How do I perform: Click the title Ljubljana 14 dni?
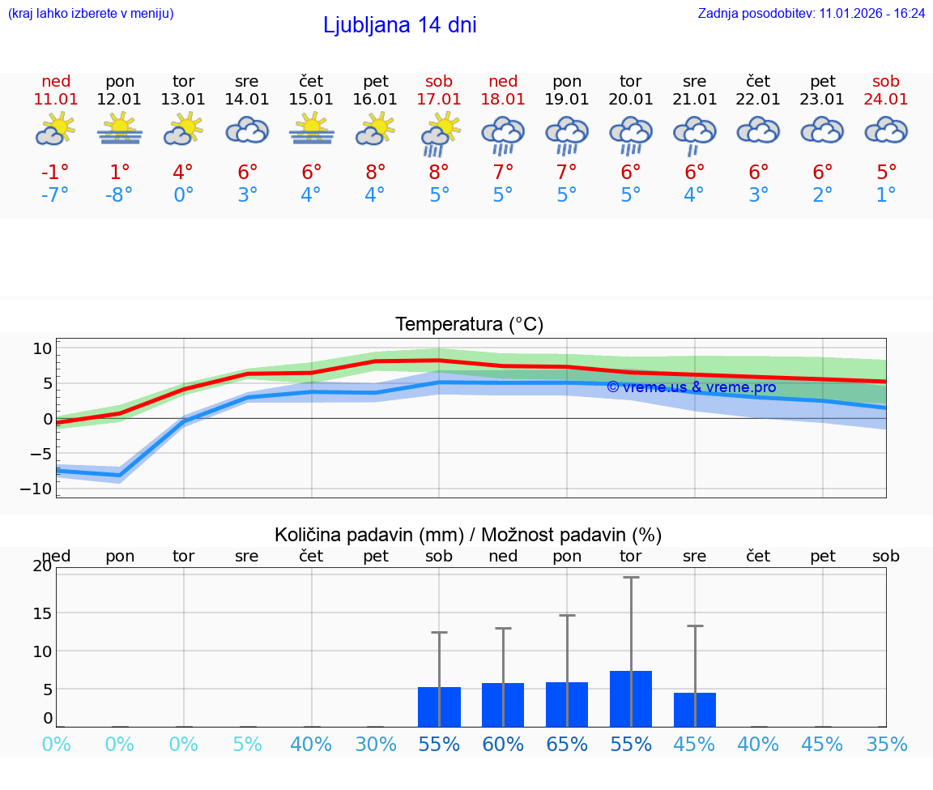[x=399, y=25]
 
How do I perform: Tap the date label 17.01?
[x=439, y=99]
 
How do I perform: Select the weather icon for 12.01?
[x=120, y=130]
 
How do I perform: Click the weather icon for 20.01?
[x=631, y=135]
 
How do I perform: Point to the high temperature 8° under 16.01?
[x=376, y=172]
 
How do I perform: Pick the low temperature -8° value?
[x=118, y=194]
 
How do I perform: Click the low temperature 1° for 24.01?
[x=886, y=194]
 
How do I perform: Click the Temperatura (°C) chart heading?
[x=469, y=324]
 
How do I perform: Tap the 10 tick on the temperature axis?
[x=42, y=348]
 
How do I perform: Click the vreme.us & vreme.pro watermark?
[x=691, y=387]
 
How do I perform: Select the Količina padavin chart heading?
[x=468, y=535]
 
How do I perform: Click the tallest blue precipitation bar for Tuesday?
[x=631, y=698]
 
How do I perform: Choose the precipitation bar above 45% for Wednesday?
[x=695, y=709]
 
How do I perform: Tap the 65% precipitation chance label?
[x=567, y=744]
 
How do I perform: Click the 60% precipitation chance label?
[x=503, y=744]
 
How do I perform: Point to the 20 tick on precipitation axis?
[x=42, y=566]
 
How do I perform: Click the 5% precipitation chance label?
[x=247, y=744]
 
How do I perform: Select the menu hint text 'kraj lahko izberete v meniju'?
[x=91, y=13]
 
